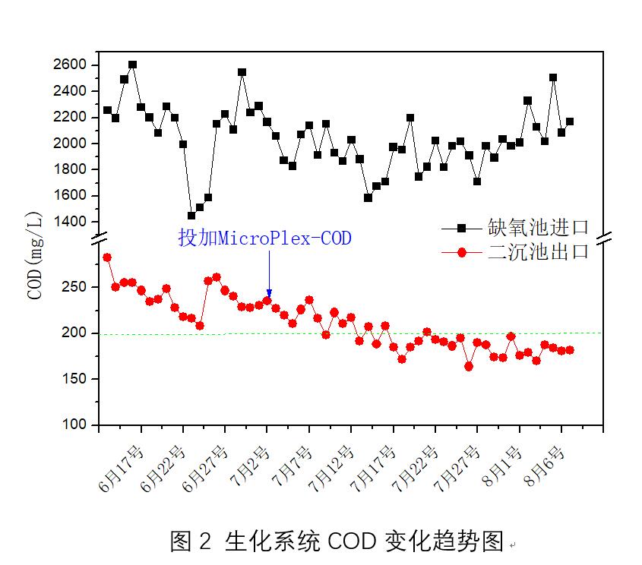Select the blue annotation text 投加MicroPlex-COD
click(265, 238)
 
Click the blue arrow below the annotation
click(269, 273)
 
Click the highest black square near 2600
click(132, 65)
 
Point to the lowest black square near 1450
click(191, 216)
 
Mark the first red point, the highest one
click(107, 257)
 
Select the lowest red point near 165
click(469, 366)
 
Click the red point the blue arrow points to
click(267, 301)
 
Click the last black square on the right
click(570, 122)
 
